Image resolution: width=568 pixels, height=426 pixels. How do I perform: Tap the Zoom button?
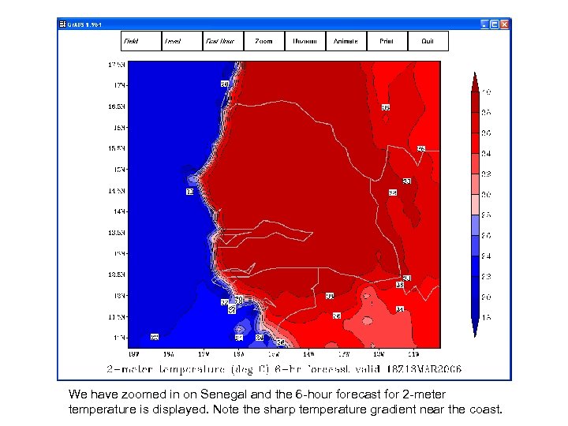coord(263,41)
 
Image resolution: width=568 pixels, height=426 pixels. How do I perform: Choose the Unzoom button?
coord(305,41)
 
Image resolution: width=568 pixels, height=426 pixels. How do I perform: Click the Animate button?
coord(346,41)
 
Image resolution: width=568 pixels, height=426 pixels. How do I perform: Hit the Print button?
coord(387,41)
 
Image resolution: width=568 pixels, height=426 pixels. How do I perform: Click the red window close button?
coord(505,24)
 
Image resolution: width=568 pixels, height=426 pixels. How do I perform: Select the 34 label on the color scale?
coord(487,153)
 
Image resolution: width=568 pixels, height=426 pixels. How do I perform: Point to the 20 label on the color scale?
coord(487,297)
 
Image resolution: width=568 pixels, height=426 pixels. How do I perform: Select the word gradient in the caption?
coord(396,409)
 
